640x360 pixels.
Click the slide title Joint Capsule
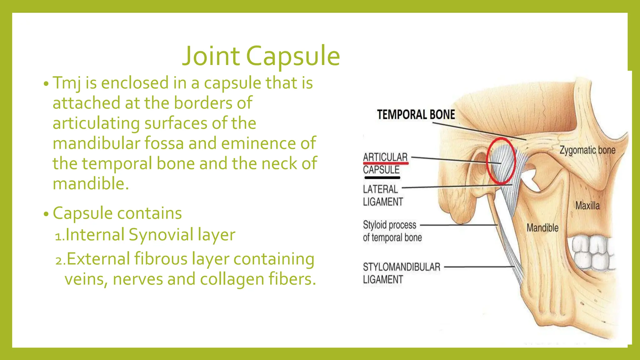tap(261, 56)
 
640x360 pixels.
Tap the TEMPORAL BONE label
tap(416, 115)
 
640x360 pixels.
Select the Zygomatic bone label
tap(587, 150)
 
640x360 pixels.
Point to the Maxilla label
tap(587, 206)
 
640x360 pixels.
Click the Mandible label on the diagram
tap(542, 228)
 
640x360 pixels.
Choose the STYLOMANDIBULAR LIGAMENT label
tap(401, 273)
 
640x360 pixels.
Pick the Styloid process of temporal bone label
tap(392, 231)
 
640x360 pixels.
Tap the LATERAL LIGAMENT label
tap(383, 196)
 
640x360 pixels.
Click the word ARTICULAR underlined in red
tap(385, 157)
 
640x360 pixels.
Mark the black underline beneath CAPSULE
tap(382, 178)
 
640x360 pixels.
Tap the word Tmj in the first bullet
tap(67, 83)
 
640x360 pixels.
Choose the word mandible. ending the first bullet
tap(91, 184)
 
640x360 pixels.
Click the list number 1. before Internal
tap(59, 237)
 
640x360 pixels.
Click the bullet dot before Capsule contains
tap(46, 214)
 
